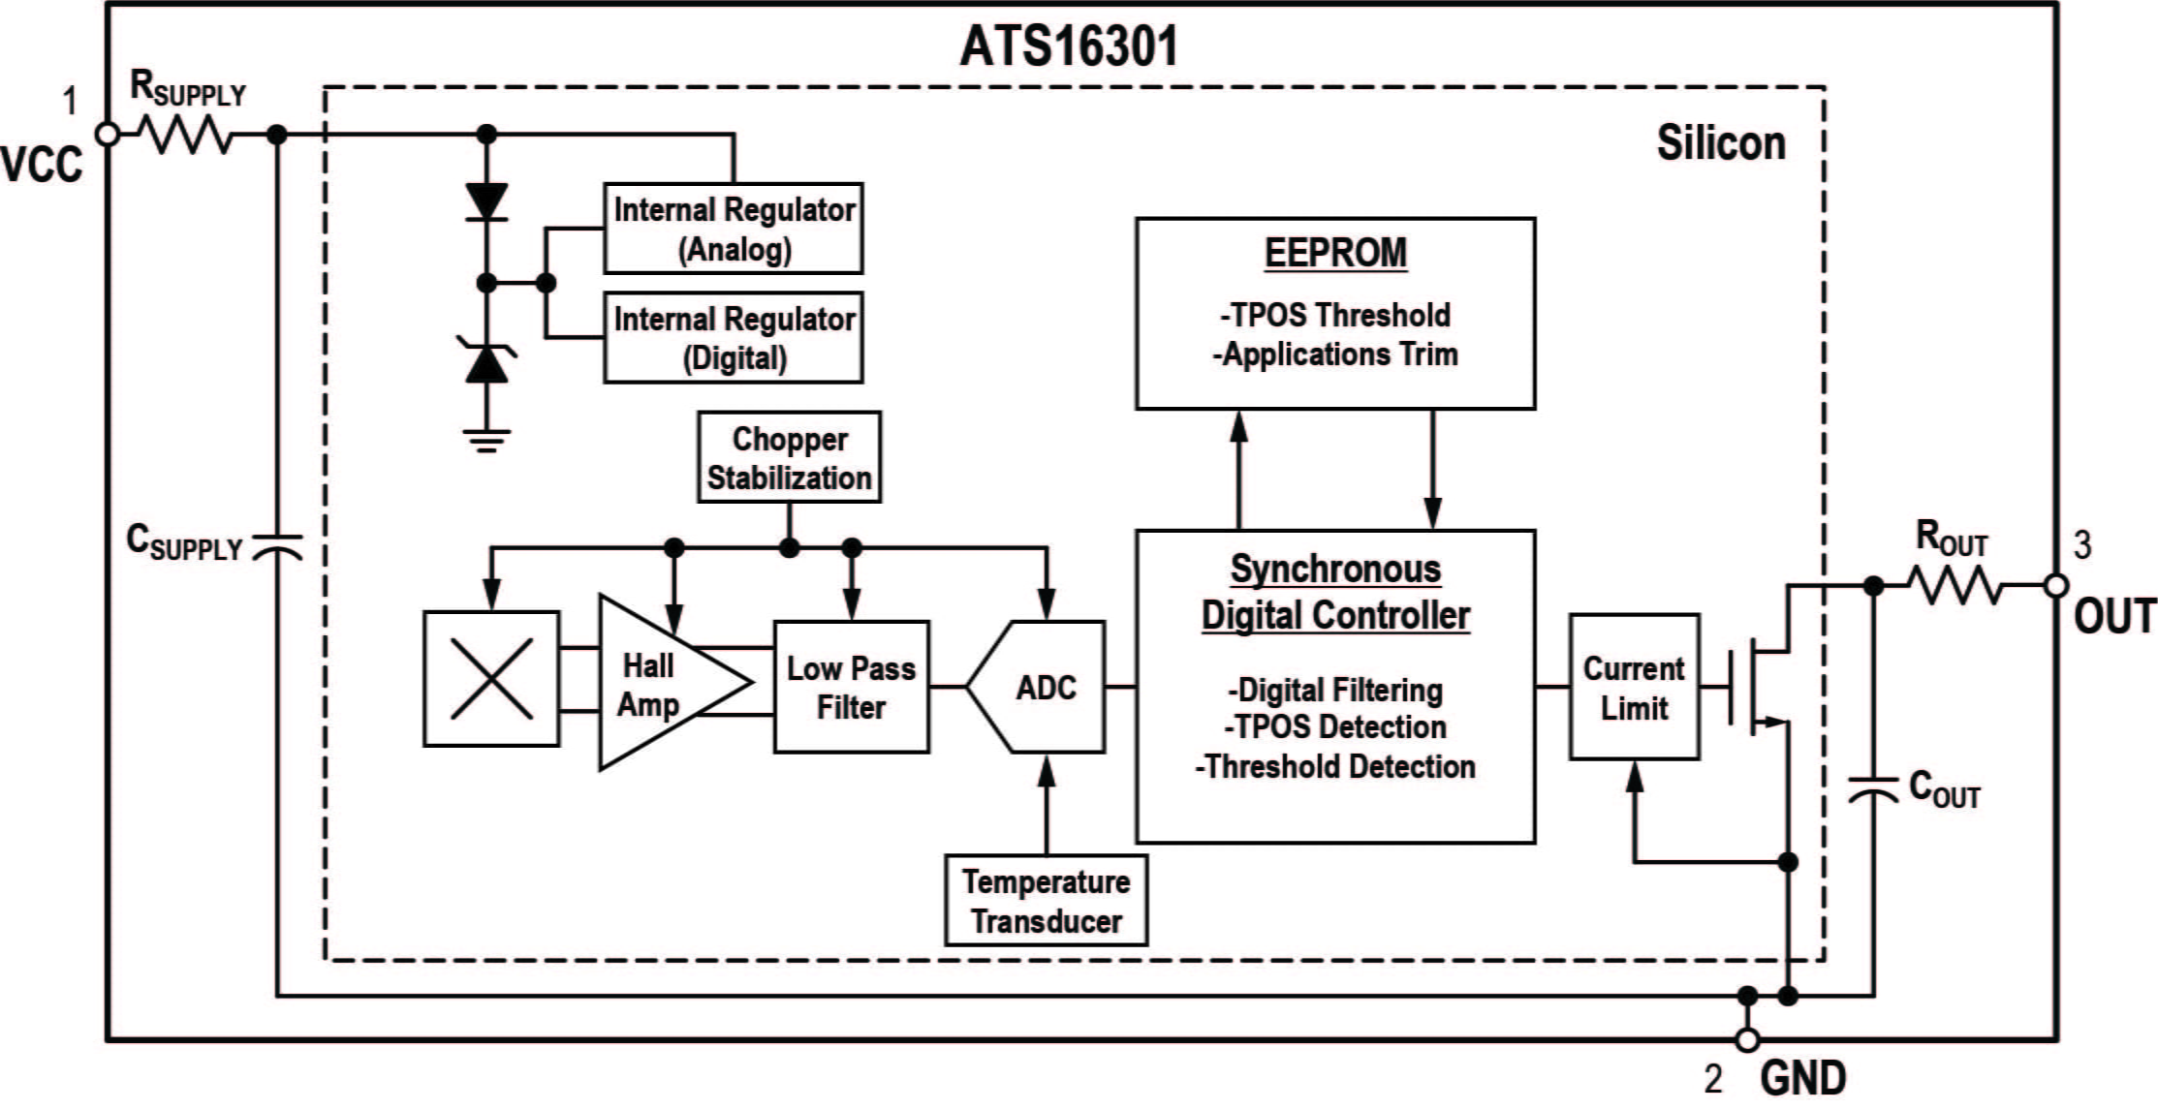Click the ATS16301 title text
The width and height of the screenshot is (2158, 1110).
1069,46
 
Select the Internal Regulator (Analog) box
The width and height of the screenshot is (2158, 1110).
733,229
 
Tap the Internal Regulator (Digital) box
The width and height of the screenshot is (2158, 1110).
733,338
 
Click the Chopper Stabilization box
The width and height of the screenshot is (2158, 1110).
789,457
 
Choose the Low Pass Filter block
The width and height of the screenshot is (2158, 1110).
851,687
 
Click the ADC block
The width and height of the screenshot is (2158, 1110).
1042,687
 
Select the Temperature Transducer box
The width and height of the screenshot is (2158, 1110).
1046,900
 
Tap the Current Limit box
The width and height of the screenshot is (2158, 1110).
1634,687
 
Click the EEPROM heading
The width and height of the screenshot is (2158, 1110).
1335,253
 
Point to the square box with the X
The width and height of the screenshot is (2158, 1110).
491,678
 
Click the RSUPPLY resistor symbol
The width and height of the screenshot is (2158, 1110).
183,135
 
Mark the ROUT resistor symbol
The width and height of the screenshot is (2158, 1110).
1955,586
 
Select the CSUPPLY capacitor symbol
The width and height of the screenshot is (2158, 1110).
277,547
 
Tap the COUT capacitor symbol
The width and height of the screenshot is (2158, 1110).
1873,789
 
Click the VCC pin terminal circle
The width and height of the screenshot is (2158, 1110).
108,135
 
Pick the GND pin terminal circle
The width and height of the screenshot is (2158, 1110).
1747,1040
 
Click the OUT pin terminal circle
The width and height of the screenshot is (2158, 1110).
2056,586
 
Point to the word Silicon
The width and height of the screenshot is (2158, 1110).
1720,143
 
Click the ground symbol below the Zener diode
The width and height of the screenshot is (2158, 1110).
486,441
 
